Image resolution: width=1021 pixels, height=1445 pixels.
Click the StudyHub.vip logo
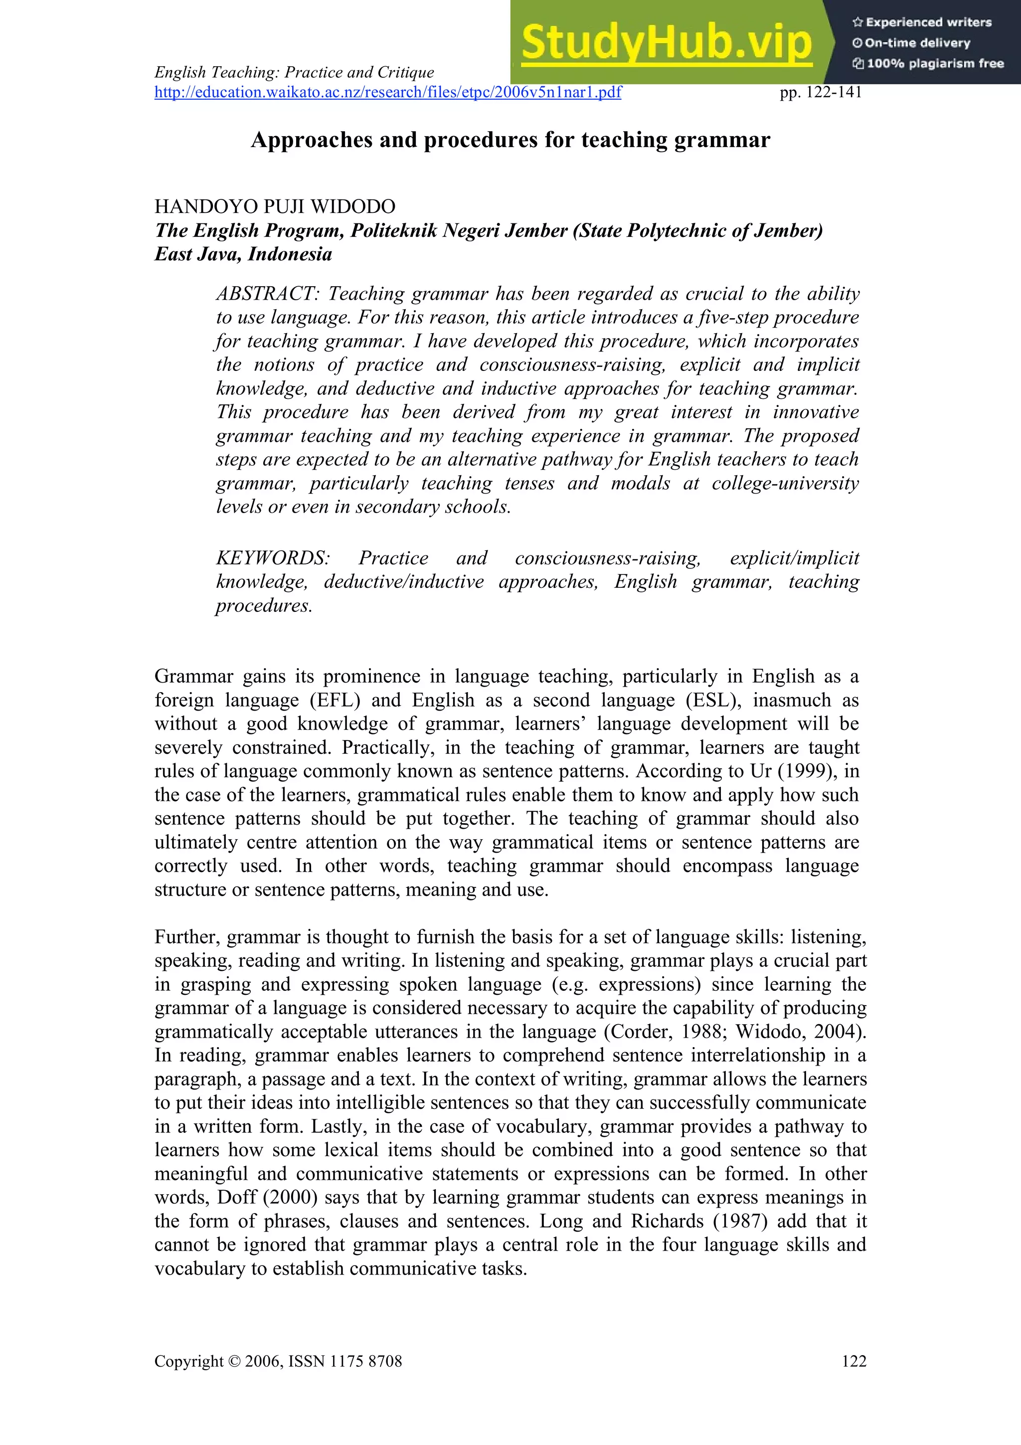click(x=667, y=43)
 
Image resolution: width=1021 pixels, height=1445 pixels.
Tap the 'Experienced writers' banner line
click(x=922, y=22)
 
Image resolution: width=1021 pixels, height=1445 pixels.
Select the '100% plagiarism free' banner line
click(x=929, y=63)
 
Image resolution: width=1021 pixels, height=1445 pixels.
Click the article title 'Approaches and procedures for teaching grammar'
click(x=510, y=140)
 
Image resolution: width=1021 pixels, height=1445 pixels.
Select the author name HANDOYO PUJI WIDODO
click(x=275, y=206)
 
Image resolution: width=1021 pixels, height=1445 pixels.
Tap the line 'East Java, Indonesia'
click(x=243, y=254)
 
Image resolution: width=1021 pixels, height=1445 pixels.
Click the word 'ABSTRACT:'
click(x=269, y=293)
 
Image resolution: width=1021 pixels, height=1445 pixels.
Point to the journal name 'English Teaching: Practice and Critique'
click(x=295, y=72)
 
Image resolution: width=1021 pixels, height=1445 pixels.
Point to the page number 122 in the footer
click(x=853, y=1361)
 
